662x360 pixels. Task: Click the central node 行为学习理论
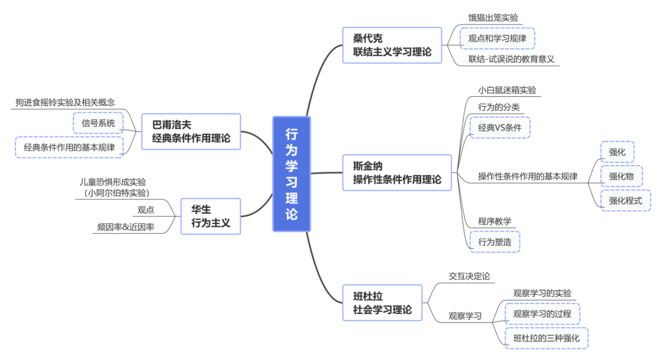click(x=292, y=174)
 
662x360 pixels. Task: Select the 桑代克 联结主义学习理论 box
click(x=392, y=45)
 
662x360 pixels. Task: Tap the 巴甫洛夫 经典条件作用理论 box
click(x=191, y=131)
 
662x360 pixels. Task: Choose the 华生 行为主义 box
click(x=210, y=216)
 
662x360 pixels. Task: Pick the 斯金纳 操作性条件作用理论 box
click(x=397, y=172)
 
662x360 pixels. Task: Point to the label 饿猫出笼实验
click(x=493, y=18)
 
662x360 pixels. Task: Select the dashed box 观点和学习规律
click(x=497, y=38)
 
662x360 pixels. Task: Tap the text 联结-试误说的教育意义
click(x=511, y=59)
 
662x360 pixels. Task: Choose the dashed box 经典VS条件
click(x=500, y=128)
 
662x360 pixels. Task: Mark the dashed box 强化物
click(x=621, y=177)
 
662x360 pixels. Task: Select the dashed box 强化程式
click(x=625, y=200)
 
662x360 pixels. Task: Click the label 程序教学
click(x=495, y=221)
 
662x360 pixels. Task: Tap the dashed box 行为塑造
click(x=494, y=242)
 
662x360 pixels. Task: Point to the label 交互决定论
click(x=469, y=277)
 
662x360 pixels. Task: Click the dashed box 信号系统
click(x=98, y=123)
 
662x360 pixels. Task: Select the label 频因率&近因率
click(x=126, y=227)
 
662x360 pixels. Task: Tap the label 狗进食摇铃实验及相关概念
click(x=66, y=102)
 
